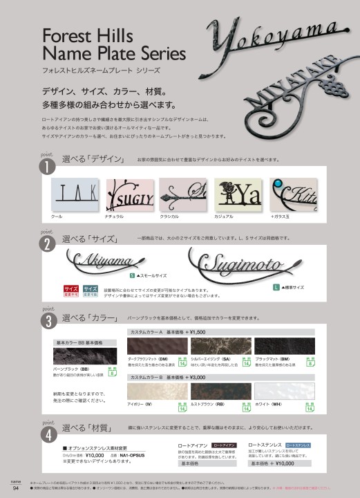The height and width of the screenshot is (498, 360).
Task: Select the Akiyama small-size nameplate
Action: [103, 261]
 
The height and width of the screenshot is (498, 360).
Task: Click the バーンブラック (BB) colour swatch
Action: [82, 357]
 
